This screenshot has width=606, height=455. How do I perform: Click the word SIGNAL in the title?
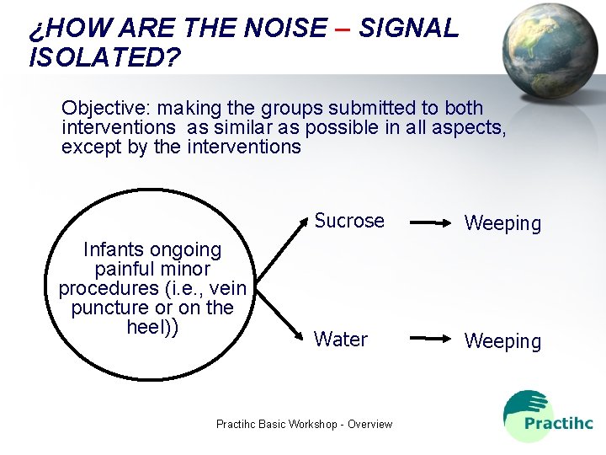(x=409, y=28)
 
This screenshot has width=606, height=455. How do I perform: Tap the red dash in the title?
(x=342, y=29)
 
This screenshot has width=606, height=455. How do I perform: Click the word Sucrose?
(x=348, y=221)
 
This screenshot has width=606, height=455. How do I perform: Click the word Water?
(x=340, y=340)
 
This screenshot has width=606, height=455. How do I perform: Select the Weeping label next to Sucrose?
(x=502, y=223)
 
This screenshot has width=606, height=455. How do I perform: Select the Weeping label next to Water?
(x=502, y=341)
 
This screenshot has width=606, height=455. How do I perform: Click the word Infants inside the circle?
(x=116, y=249)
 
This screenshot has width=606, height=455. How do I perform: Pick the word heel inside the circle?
(x=145, y=327)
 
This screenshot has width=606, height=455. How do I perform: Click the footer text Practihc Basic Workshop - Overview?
(x=304, y=424)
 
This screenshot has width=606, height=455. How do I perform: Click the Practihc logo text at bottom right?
(x=558, y=423)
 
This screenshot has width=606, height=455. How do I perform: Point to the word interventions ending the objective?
(x=245, y=147)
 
